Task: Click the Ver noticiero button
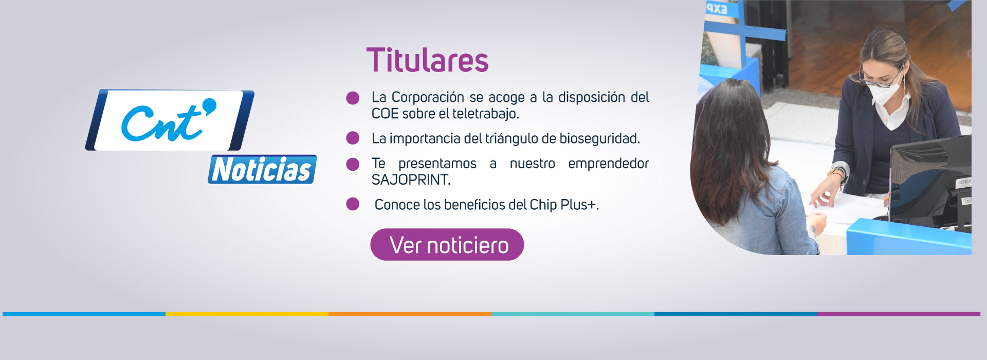[447, 245]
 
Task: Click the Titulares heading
[427, 60]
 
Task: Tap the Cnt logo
[170, 120]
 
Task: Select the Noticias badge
[262, 169]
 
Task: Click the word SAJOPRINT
[411, 180]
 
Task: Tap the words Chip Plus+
[564, 205]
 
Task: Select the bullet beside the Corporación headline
[353, 98]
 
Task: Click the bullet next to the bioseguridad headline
[353, 138]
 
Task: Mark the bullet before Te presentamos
[353, 164]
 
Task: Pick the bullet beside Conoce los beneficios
[353, 204]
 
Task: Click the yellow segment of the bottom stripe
[247, 314]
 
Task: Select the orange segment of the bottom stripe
[410, 314]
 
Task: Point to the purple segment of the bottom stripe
[899, 314]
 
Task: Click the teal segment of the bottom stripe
[573, 314]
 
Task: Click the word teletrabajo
[486, 114]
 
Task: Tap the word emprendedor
[609, 164]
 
